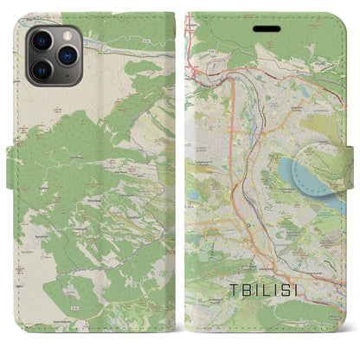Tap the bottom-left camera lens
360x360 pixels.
40,67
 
